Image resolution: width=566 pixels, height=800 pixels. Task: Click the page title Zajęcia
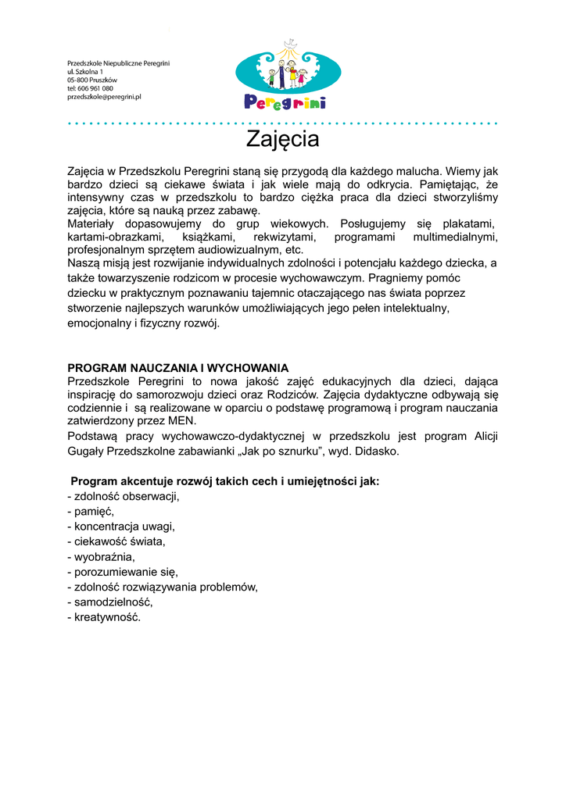click(282, 140)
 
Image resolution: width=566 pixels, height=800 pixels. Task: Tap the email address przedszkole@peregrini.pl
click(104, 97)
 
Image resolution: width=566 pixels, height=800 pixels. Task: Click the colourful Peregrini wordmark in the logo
click(285, 102)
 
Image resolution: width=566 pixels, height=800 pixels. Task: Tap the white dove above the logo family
click(291, 42)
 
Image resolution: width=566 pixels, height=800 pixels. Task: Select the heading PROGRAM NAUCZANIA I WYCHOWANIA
click(178, 368)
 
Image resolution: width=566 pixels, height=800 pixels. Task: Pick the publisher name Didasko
click(378, 452)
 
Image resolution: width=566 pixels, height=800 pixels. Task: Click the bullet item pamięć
click(93, 511)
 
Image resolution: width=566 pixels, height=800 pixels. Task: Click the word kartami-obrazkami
click(115, 237)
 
